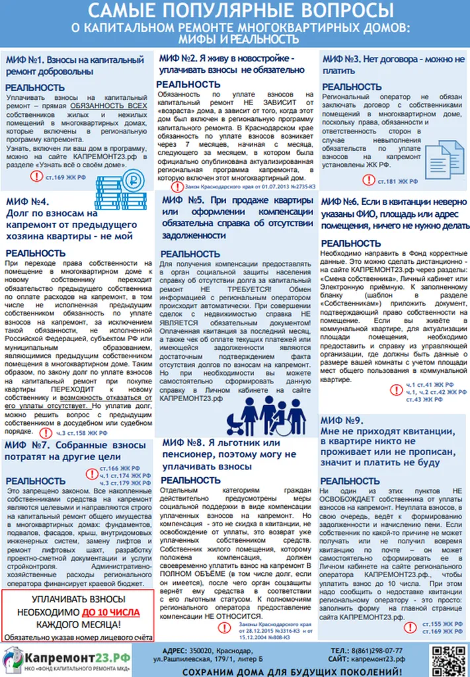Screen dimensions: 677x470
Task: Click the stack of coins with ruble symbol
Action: point(135,180)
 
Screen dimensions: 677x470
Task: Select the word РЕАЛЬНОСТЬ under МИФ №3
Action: point(351,87)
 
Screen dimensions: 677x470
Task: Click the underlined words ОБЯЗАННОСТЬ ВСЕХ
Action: point(110,106)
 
